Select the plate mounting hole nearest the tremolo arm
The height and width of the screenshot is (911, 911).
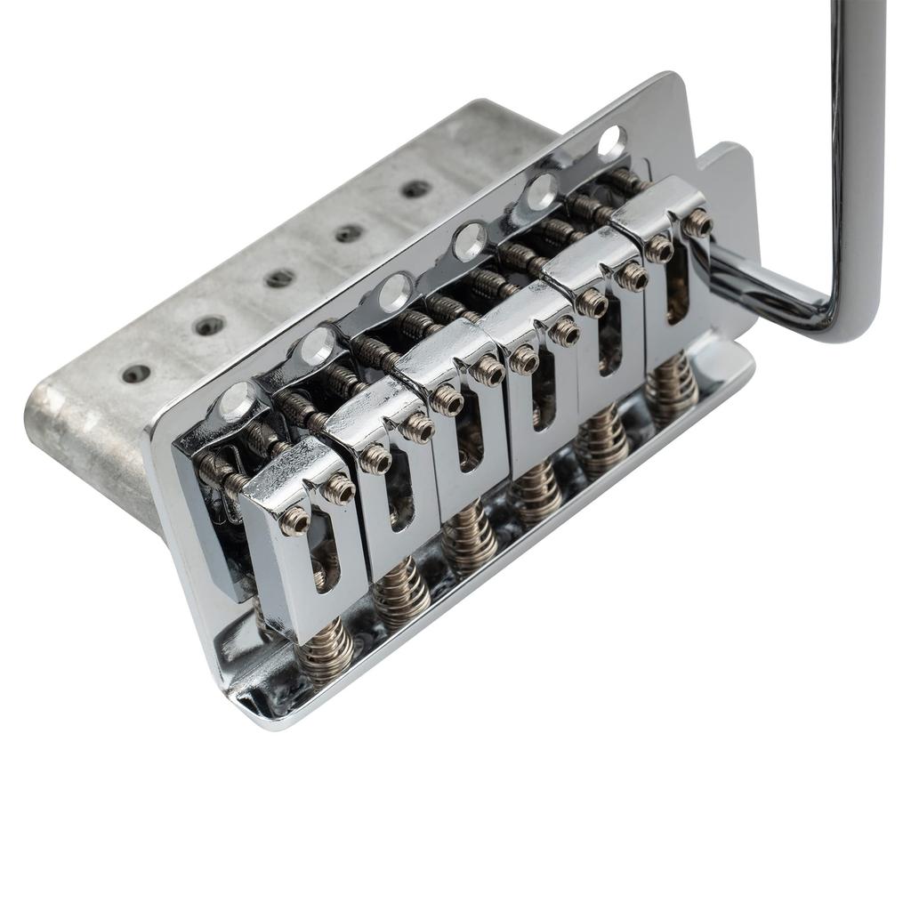[x=611, y=142]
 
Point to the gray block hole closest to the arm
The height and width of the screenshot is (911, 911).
[x=415, y=189]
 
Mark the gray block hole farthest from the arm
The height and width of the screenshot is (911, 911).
[x=136, y=375]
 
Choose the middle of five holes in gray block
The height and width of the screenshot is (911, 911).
[x=279, y=278]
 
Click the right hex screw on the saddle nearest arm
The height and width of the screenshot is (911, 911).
[x=698, y=223]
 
